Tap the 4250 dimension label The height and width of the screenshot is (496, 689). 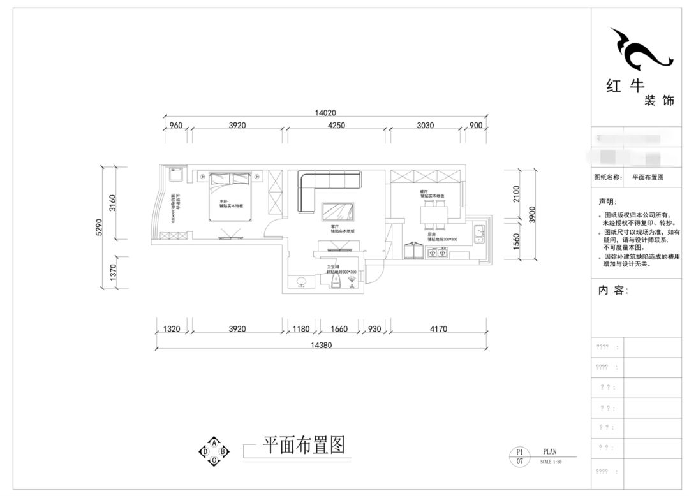click(336, 126)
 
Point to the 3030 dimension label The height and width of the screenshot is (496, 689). click(425, 126)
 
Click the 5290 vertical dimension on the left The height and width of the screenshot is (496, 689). click(99, 227)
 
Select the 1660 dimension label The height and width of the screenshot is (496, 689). click(340, 329)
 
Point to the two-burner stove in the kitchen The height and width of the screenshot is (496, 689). click(439, 254)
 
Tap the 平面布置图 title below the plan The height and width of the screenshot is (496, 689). click(304, 445)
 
